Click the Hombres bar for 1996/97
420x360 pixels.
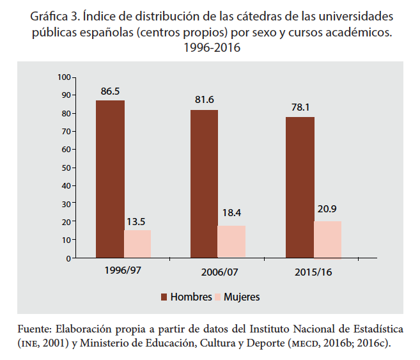(x=110, y=179)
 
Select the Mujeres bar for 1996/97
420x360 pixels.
(x=137, y=244)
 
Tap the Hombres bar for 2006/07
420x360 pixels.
(x=204, y=184)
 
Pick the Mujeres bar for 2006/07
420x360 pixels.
(x=231, y=242)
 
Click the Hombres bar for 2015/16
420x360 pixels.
(x=300, y=187)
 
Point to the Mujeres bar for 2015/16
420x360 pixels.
(x=327, y=240)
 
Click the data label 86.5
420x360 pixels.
(x=110, y=91)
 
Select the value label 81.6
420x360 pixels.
(x=205, y=100)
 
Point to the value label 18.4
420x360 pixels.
(x=232, y=213)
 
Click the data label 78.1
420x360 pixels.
(x=300, y=106)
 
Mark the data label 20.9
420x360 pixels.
(x=327, y=209)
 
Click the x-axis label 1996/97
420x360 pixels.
(x=123, y=270)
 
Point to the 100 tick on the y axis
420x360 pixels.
(x=63, y=77)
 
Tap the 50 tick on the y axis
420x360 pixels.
(x=65, y=168)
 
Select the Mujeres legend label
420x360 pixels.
(x=242, y=297)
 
